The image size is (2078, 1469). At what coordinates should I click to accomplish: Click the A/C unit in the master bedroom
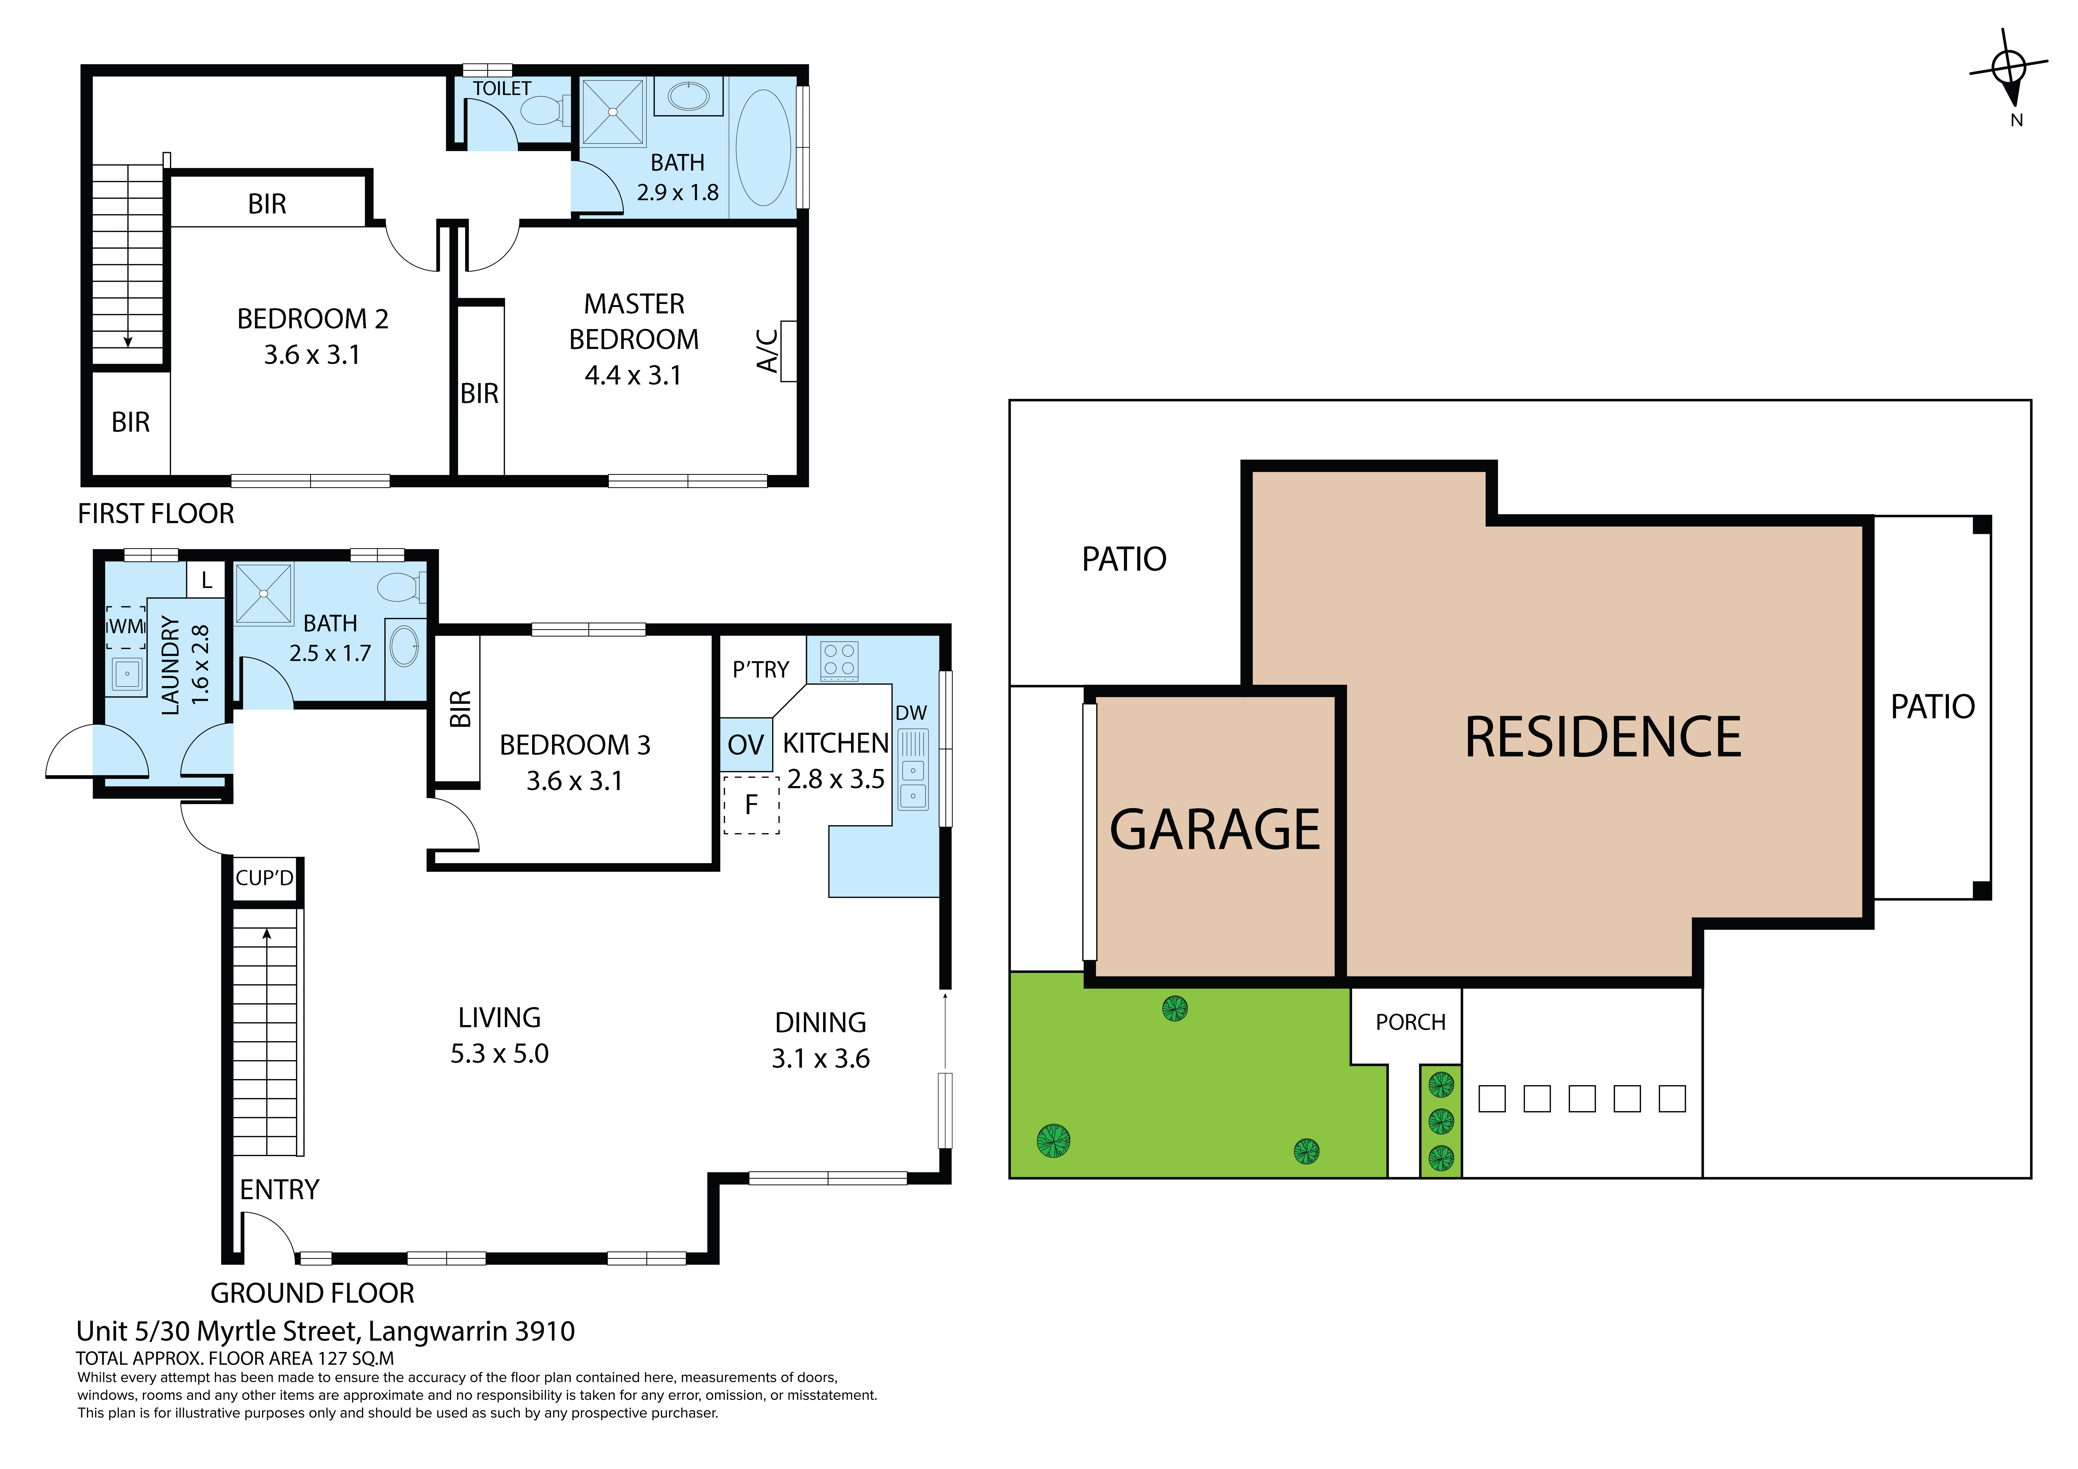[x=788, y=351]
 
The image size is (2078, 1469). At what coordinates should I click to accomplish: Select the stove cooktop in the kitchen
[x=839, y=660]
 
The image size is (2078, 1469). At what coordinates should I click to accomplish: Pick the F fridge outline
[x=751, y=805]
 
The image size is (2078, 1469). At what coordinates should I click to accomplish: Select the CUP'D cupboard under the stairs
[x=264, y=878]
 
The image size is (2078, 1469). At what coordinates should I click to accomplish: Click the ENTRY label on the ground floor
[x=280, y=1189]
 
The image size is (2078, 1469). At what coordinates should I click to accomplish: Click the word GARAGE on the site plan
[x=1215, y=830]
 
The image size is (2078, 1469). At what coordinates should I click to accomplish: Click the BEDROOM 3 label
[x=575, y=745]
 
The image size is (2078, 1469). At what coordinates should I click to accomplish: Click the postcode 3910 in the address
[x=545, y=1331]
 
